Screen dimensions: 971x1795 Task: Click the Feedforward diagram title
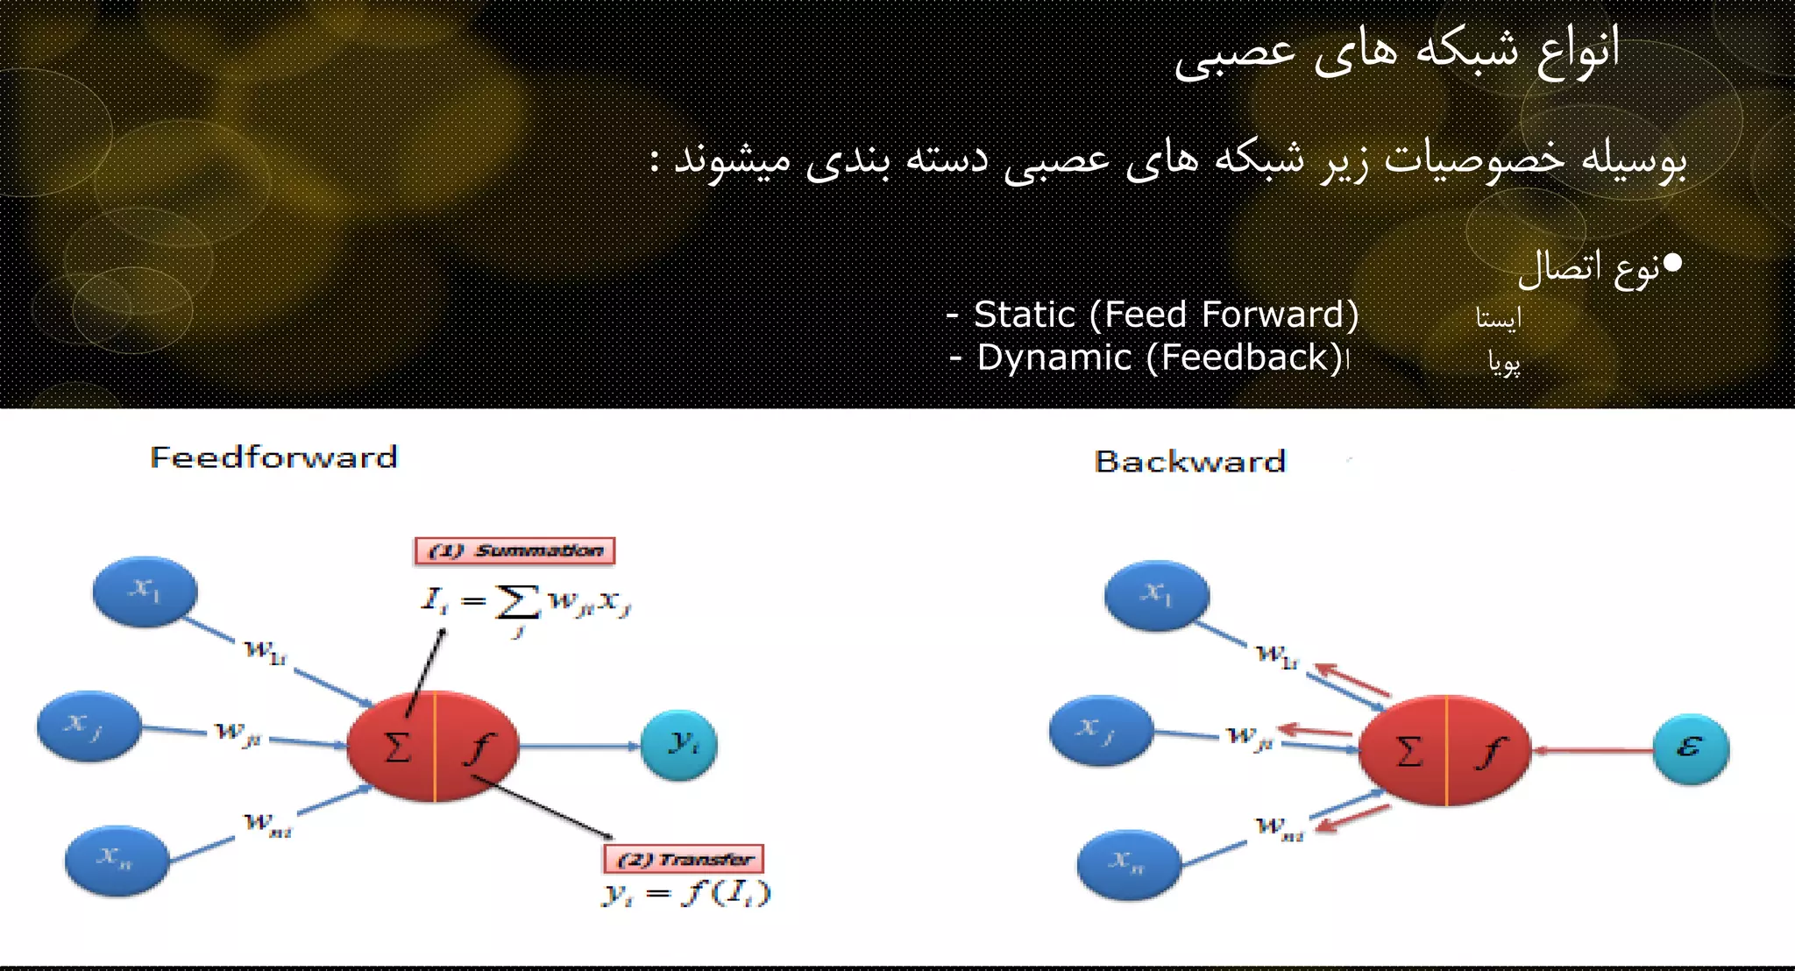pyautogui.click(x=273, y=457)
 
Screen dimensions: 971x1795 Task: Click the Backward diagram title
pyautogui.click(x=1189, y=461)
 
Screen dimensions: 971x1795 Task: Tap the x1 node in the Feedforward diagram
pyautogui.click(x=145, y=592)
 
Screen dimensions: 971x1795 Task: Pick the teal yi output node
pyautogui.click(x=679, y=745)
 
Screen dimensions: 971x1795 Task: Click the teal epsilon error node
pyautogui.click(x=1691, y=748)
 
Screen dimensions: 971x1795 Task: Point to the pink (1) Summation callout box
pyautogui.click(x=514, y=550)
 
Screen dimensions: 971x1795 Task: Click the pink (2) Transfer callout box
pyautogui.click(x=684, y=859)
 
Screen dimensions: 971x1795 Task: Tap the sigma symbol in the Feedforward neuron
pyautogui.click(x=397, y=748)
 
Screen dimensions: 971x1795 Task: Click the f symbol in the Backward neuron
pyautogui.click(x=1490, y=752)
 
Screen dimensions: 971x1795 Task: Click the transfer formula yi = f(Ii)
pyautogui.click(x=685, y=893)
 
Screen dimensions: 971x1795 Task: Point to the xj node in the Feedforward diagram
pyautogui.click(x=89, y=726)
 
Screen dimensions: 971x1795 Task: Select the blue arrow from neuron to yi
pyautogui.click(x=578, y=746)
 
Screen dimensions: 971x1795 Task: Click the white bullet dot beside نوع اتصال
pyautogui.click(x=1671, y=262)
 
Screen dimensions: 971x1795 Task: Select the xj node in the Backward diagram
pyautogui.click(x=1100, y=729)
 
